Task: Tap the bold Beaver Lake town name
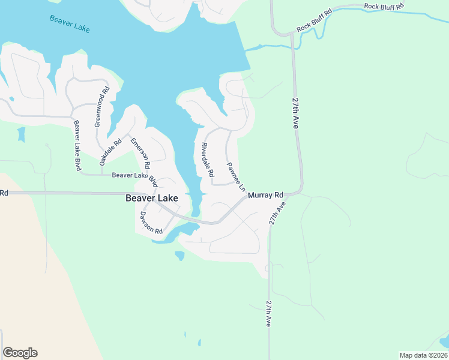[x=151, y=197]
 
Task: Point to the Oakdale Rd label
[x=110, y=152]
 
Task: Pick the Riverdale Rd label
[x=208, y=160]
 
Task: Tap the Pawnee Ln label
[x=236, y=176]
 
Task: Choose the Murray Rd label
[x=265, y=195]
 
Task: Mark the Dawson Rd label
[x=151, y=223]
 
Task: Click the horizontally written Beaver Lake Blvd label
[x=134, y=176]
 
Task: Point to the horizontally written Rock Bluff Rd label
[x=384, y=6]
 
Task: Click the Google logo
[x=20, y=353]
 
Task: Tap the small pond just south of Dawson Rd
[x=179, y=256]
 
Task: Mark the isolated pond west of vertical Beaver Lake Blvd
[x=22, y=134]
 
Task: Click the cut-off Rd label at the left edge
[x=4, y=193]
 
